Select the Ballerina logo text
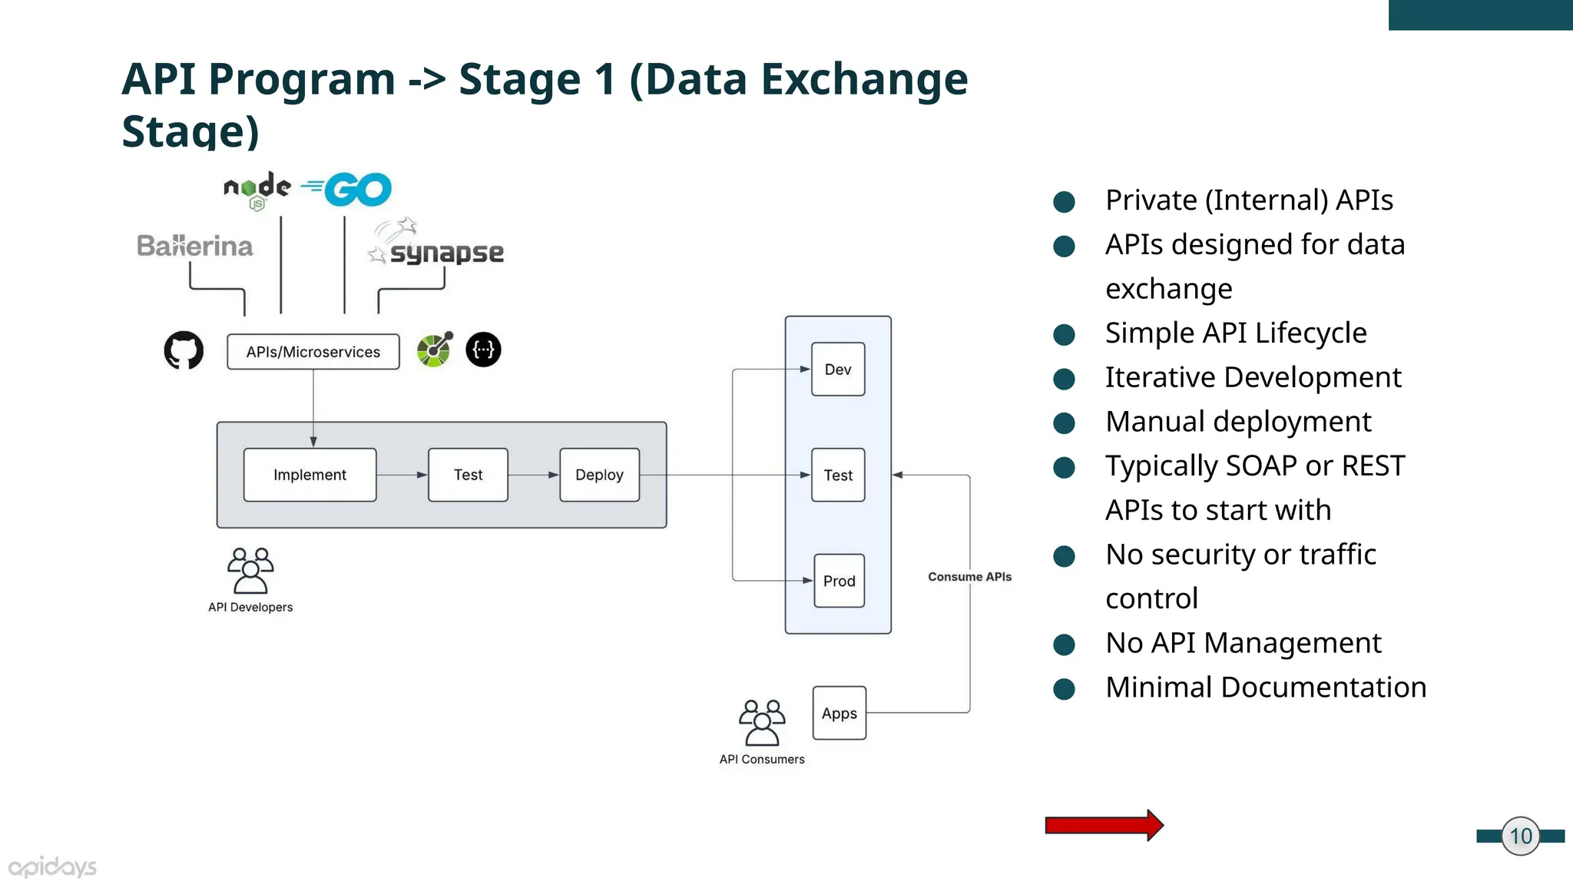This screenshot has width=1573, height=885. [x=195, y=246]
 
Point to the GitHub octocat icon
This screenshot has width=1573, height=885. [x=184, y=350]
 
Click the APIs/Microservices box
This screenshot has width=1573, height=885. [x=313, y=352]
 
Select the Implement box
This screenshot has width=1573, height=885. [x=310, y=475]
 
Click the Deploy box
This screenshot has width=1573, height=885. [x=599, y=475]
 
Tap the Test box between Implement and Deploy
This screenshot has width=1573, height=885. [x=468, y=475]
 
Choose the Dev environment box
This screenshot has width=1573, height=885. [x=838, y=370]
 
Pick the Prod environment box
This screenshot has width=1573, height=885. [x=839, y=581]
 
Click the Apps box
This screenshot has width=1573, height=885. [x=839, y=713]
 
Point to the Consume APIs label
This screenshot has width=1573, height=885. [x=969, y=577]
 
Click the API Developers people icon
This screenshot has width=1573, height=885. [x=250, y=571]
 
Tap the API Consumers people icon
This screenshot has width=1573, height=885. [x=762, y=722]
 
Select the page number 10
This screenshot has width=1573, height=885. [x=1521, y=836]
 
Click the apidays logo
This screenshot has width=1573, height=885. [x=52, y=867]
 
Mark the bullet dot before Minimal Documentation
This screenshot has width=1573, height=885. [x=1064, y=688]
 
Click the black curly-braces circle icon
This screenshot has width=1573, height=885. [x=483, y=350]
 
